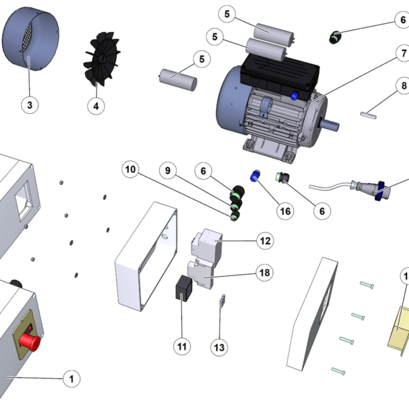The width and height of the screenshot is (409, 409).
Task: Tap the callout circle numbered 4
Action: click(96, 106)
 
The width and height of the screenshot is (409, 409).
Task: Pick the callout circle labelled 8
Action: click(403, 87)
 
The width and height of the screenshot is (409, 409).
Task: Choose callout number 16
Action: click(285, 211)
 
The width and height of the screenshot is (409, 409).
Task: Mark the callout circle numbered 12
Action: click(264, 241)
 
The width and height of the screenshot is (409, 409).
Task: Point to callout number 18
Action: click(264, 273)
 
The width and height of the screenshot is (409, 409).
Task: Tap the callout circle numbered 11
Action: click(182, 346)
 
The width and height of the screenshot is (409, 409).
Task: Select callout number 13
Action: click(219, 347)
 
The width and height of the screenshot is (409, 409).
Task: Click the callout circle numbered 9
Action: click(168, 169)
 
